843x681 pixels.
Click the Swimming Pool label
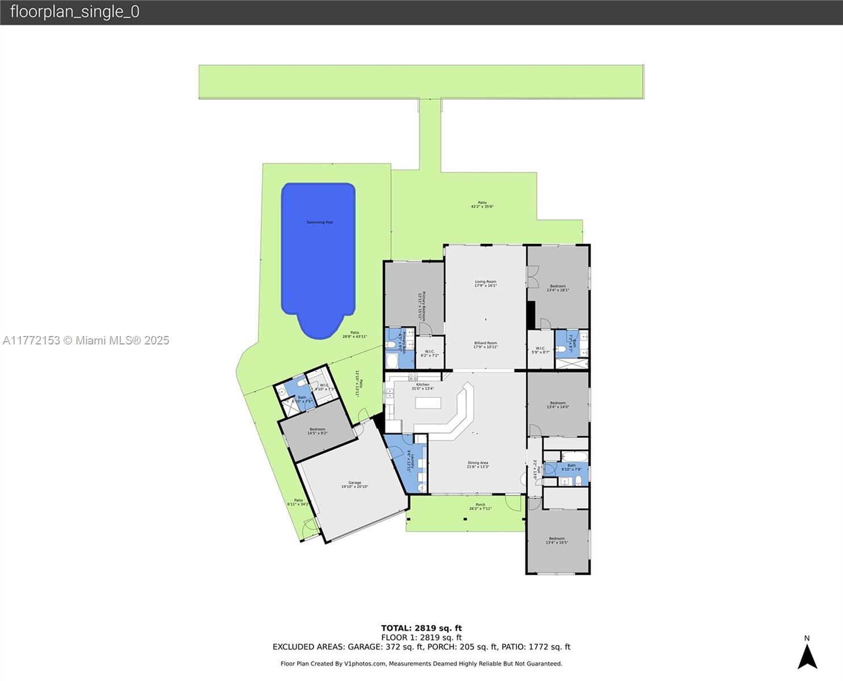pyautogui.click(x=319, y=222)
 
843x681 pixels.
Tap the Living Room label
pyautogui.click(x=486, y=282)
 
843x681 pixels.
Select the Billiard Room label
pyautogui.click(x=486, y=343)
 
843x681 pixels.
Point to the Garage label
pyautogui.click(x=354, y=483)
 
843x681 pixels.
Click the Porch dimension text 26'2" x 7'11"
pyautogui.click(x=481, y=508)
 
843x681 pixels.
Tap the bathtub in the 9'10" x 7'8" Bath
pyautogui.click(x=574, y=456)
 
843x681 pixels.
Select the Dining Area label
pyautogui.click(x=478, y=463)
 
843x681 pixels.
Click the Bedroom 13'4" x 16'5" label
pyautogui.click(x=557, y=539)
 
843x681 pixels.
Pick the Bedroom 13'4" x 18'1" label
pyautogui.click(x=558, y=287)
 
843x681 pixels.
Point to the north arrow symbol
pyautogui.click(x=807, y=657)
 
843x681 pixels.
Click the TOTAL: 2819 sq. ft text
pyautogui.click(x=421, y=628)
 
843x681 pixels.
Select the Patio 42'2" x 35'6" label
pyautogui.click(x=482, y=203)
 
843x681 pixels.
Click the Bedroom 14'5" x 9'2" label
pyautogui.click(x=318, y=430)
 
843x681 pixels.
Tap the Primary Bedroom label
pyautogui.click(x=424, y=306)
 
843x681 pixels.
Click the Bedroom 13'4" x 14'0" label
pyautogui.click(x=558, y=403)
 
